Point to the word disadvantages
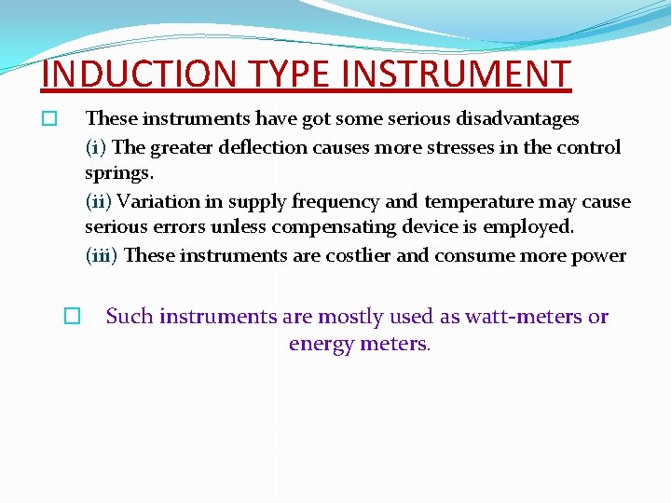[520, 119]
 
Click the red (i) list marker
[96, 147]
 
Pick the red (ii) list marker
[99, 201]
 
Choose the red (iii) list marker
[102, 255]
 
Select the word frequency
[335, 201]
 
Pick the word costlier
[359, 255]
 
